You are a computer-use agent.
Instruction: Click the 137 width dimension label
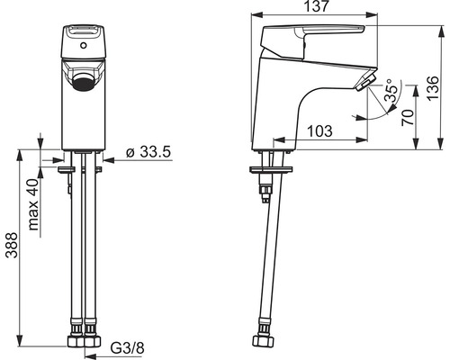point(317,6)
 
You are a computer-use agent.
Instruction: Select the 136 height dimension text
point(433,89)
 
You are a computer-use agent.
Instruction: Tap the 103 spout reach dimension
point(319,131)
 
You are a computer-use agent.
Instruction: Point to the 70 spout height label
point(408,117)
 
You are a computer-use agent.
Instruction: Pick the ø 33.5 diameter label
point(148,152)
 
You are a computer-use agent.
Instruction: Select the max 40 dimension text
point(33,204)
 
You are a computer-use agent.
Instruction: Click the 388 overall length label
point(13,245)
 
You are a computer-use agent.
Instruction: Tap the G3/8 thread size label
point(128,348)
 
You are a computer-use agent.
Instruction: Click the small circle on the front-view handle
point(84,46)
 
